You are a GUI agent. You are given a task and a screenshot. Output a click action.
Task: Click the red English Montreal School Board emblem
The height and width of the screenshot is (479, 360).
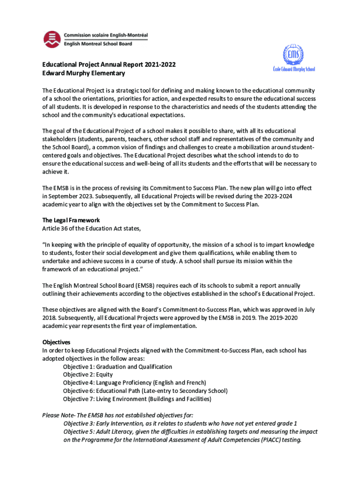tap(51, 39)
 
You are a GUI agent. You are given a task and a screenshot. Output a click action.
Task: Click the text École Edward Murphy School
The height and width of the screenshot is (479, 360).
tap(294, 69)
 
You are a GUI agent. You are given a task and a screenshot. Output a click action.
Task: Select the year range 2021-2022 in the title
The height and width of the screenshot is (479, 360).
tap(160, 65)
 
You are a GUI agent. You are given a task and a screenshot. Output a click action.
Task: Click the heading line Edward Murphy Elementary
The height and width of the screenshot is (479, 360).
tap(84, 73)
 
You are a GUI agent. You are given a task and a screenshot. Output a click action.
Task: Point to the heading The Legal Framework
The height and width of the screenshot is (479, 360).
tap(71, 220)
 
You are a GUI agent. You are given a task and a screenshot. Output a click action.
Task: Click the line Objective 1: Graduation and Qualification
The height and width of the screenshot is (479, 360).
tap(117, 367)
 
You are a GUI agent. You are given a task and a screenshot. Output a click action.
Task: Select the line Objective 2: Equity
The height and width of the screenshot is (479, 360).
tap(88, 375)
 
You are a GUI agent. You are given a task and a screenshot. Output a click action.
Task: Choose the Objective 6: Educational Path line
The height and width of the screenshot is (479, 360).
tap(145, 391)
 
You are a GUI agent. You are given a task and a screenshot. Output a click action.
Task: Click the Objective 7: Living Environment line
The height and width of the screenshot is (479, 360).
tap(137, 399)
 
